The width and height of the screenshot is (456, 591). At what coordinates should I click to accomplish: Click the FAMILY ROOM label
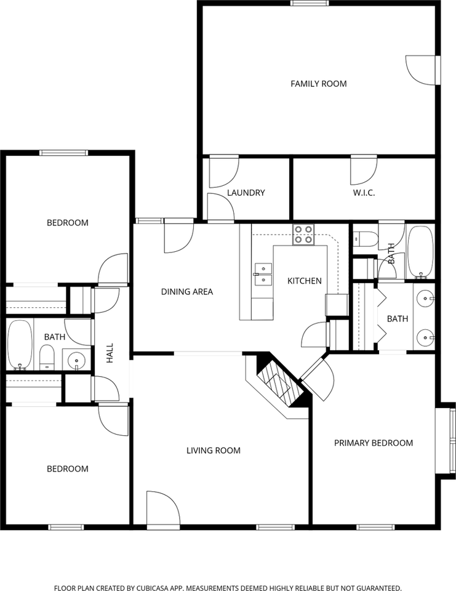point(318,84)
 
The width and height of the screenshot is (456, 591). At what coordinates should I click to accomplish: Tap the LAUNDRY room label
point(246,193)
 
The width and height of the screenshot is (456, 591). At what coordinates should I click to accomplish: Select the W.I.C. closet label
point(364,193)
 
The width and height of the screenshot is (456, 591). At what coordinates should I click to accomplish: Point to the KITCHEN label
point(305,281)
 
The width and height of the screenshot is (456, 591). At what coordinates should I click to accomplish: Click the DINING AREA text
point(187,291)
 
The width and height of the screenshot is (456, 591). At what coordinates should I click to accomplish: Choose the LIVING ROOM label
point(214,451)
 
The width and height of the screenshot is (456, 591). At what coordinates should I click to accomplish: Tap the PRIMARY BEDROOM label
point(374,443)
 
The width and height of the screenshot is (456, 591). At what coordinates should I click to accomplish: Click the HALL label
point(110,353)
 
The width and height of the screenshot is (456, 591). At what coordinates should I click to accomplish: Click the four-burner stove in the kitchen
point(303,235)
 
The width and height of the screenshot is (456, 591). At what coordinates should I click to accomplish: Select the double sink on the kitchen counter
point(263,275)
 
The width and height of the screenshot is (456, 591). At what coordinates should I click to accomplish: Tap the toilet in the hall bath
point(47,358)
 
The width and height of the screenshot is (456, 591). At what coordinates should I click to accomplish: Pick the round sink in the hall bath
point(76,360)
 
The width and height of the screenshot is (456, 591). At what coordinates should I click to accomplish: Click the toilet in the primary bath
point(366,239)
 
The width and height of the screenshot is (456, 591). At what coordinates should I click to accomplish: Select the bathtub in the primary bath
point(420,252)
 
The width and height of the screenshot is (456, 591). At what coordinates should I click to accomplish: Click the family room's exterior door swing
point(420,70)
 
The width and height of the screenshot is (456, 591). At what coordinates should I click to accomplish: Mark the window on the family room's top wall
point(310,4)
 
